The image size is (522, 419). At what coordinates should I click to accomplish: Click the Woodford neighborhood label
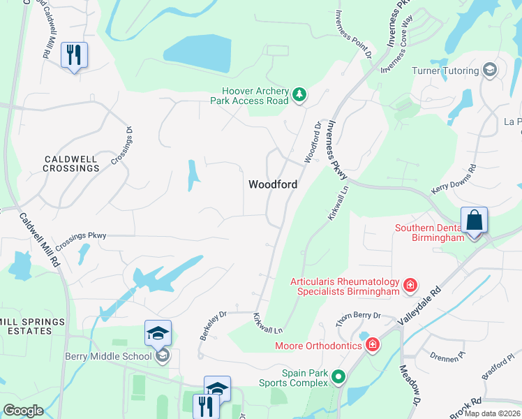click(273, 184)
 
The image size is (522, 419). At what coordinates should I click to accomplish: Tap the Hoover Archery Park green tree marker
click(299, 94)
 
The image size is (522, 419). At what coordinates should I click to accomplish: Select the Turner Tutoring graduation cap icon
click(490, 71)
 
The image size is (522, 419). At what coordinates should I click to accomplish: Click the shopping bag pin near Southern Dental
click(474, 221)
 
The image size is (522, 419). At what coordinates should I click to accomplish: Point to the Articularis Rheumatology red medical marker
click(410, 284)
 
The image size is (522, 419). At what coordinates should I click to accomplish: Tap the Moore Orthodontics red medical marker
click(373, 344)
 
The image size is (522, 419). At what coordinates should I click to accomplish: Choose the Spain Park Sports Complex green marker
click(338, 378)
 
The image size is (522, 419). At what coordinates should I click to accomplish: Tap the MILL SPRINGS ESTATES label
click(32, 326)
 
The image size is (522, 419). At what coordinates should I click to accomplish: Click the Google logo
click(23, 411)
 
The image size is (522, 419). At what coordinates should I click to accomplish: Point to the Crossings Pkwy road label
click(82, 236)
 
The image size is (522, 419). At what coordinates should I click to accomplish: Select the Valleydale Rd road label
click(419, 307)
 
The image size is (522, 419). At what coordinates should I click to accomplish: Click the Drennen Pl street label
click(447, 358)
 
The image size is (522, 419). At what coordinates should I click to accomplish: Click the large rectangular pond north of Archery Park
click(197, 53)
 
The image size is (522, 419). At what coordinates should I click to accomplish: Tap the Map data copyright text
click(493, 413)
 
